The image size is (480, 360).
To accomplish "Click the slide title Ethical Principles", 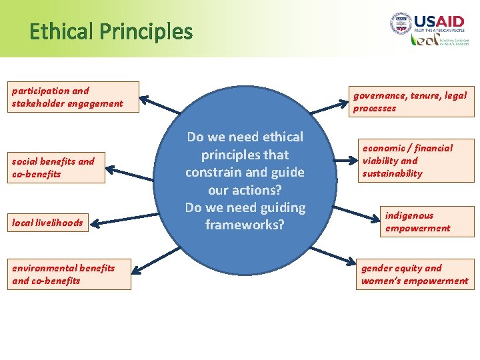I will (x=111, y=31).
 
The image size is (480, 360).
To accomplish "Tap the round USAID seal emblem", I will (x=401, y=24).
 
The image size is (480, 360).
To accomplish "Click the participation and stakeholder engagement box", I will (x=73, y=97).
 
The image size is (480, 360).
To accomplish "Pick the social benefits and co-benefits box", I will (x=57, y=167).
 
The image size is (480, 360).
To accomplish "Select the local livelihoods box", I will (x=48, y=223).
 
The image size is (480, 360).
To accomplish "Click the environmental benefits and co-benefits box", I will (x=69, y=274).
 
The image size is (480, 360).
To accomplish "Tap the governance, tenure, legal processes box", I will (x=410, y=102).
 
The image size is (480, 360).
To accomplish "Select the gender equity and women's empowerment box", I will (x=415, y=274).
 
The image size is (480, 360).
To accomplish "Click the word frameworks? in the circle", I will (x=245, y=225).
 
